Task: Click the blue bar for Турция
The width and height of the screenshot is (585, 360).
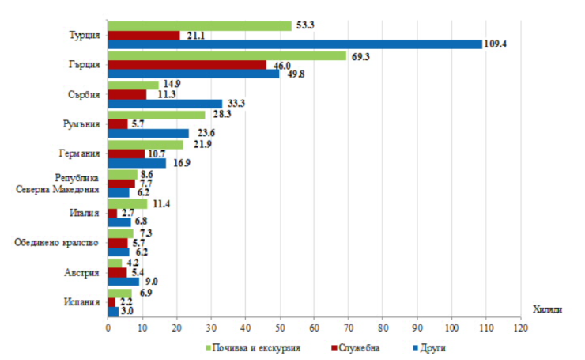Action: pos(294,44)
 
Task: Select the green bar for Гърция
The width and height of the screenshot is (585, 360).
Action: pos(227,55)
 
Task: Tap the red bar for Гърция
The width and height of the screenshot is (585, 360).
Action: pos(187,65)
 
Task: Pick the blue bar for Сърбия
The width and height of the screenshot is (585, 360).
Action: pos(164,103)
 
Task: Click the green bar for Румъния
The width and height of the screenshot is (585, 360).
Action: pos(156,114)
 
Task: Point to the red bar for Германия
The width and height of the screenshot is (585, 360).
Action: pos(126,153)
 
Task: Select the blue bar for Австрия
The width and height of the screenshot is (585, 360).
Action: pos(123,281)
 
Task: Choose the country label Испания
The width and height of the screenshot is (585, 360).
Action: pos(83,301)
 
